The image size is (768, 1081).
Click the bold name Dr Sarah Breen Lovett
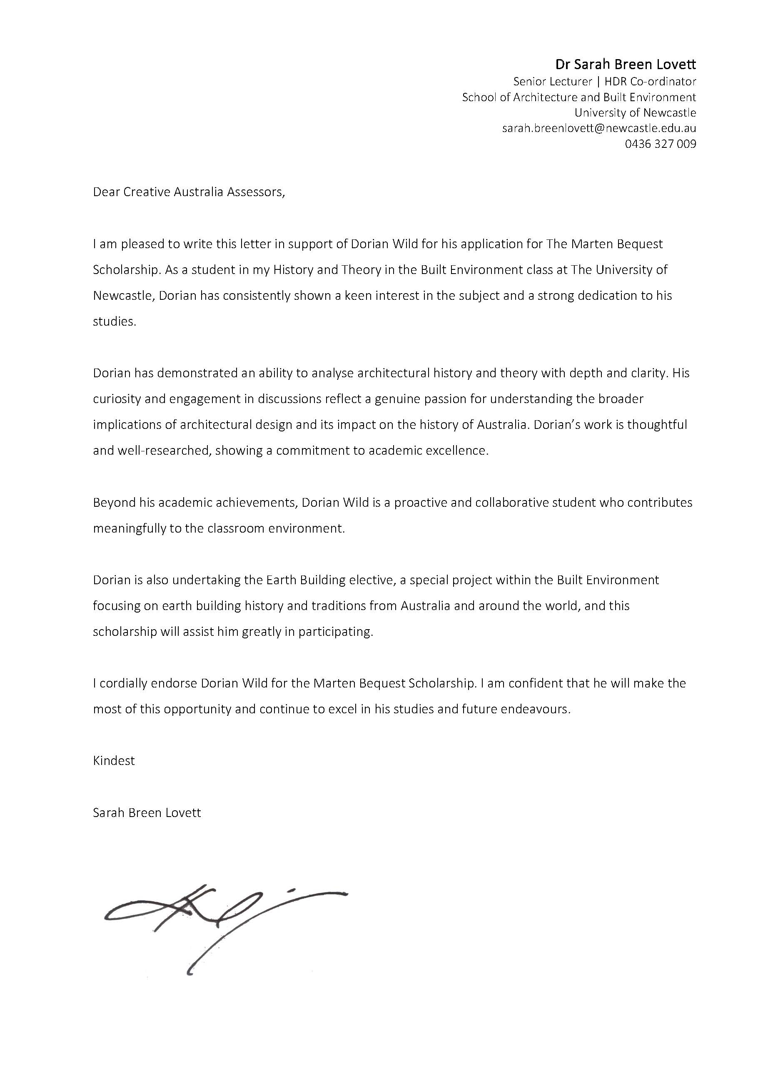coord(625,64)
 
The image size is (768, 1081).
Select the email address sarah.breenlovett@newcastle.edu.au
coord(599,128)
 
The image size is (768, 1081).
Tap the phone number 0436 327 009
coord(660,144)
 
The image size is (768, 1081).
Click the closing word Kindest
coord(114,761)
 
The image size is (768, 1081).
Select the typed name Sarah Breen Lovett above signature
coord(147,813)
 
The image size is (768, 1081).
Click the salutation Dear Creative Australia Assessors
coord(189,192)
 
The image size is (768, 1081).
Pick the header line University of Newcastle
coord(635,112)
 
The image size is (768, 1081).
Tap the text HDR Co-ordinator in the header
coord(650,81)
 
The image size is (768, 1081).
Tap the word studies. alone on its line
coord(115,321)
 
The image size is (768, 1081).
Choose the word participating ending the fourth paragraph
coord(335,632)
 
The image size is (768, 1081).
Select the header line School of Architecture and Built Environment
coord(579,97)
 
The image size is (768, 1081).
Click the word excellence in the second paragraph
coord(457,450)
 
